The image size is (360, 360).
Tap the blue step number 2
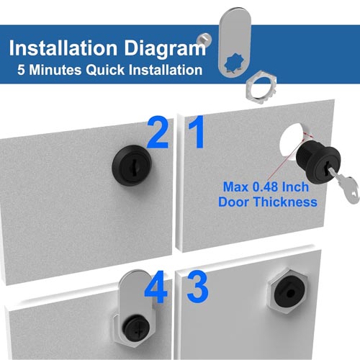(x=157, y=132)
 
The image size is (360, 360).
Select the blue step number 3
(x=197, y=286)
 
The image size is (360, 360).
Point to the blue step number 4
(x=156, y=287)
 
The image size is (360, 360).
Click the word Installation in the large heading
(x=63, y=48)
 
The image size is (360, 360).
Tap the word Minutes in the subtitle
(x=55, y=70)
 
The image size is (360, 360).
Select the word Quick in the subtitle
(x=105, y=71)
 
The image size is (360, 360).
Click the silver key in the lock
(x=344, y=185)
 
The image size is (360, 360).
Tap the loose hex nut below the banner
(x=261, y=87)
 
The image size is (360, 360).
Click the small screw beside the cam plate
(x=204, y=39)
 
